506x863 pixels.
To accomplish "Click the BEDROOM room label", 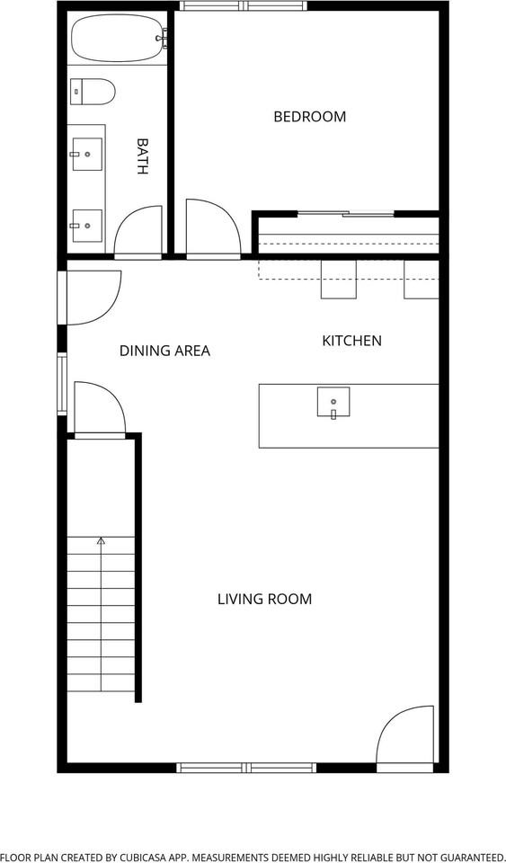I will pyautogui.click(x=309, y=117).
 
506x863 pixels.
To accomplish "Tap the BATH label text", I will pyautogui.click(x=142, y=156).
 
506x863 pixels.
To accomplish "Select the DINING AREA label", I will pyautogui.click(x=164, y=351).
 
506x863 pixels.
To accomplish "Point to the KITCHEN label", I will pyautogui.click(x=351, y=341).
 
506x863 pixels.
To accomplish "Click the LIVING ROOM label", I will pyautogui.click(x=264, y=599).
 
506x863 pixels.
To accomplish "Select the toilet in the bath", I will pyautogui.click(x=93, y=90).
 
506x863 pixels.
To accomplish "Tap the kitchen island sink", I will pyautogui.click(x=333, y=402).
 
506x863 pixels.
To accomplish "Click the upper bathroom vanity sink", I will pyautogui.click(x=87, y=154).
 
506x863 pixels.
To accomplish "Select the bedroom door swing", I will pyautogui.click(x=210, y=231).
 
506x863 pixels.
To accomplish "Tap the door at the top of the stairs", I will pyautogui.click(x=99, y=411).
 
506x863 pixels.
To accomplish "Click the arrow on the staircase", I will pyautogui.click(x=101, y=542).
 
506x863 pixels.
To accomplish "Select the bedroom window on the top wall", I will pyautogui.click(x=243, y=6).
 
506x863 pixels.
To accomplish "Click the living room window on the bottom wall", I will pyautogui.click(x=245, y=767).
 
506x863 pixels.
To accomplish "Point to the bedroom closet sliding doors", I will pyautogui.click(x=346, y=214).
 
